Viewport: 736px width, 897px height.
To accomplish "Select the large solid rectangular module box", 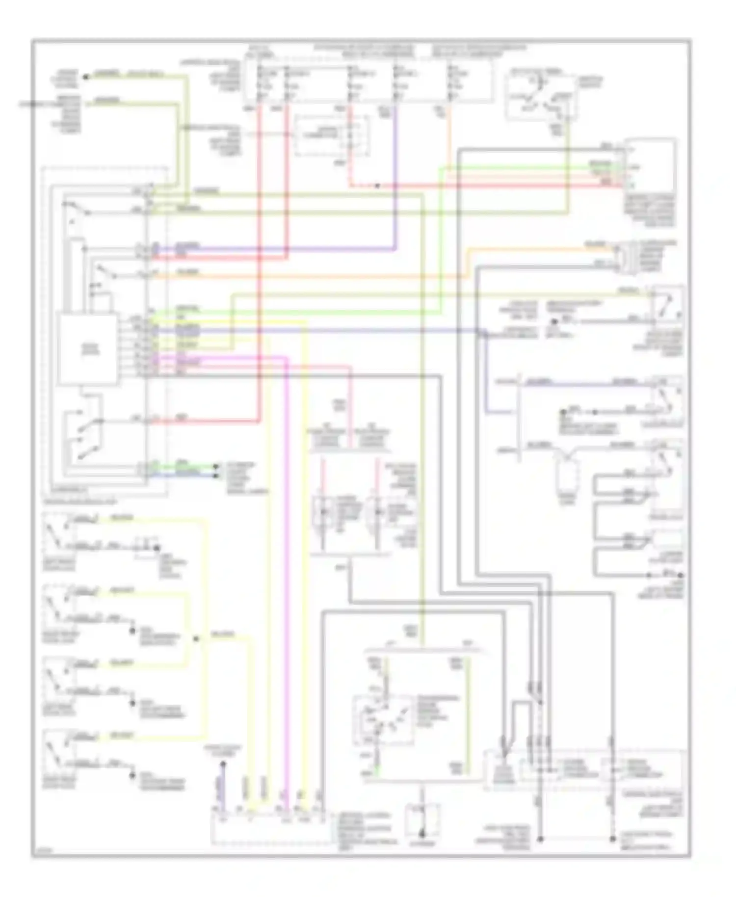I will point(87,349).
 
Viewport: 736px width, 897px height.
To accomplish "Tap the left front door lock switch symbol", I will point(58,533).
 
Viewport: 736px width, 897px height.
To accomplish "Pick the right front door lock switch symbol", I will point(58,606).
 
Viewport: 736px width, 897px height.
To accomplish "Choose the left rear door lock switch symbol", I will point(58,679).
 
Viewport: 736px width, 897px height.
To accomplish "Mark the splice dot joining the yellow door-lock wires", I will point(196,638).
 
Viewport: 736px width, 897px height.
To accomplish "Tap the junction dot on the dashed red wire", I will point(377,185).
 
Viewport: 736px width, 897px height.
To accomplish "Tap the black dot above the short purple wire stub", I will point(222,764).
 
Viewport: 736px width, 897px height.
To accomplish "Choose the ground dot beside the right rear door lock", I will point(131,775).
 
